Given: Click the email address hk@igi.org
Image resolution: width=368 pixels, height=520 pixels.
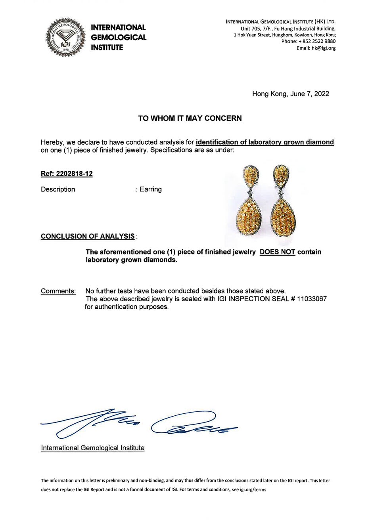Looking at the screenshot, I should (324, 48).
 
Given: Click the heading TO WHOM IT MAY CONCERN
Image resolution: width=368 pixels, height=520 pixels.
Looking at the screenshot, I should (190, 118).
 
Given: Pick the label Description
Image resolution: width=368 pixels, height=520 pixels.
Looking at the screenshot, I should (58, 189).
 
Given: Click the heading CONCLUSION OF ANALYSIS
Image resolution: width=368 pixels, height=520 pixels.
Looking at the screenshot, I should (88, 236).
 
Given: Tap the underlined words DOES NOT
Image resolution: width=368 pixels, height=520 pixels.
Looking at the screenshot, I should (277, 252).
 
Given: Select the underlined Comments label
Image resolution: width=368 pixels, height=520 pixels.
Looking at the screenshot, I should (58, 291).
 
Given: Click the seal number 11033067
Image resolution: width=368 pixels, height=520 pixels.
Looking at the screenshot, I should (312, 299).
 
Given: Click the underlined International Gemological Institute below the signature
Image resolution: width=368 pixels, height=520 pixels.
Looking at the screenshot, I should (92, 448).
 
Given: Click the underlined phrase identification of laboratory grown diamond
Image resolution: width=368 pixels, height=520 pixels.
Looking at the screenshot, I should (265, 142).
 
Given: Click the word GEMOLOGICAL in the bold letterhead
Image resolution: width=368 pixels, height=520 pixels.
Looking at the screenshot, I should (119, 38).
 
